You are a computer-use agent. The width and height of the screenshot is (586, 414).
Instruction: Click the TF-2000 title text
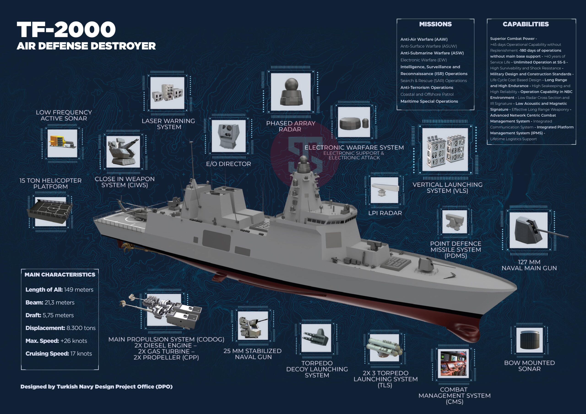[x=66, y=29]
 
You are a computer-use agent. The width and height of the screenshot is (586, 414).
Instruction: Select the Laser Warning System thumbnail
[x=167, y=93]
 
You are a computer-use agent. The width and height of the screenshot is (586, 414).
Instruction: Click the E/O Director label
[x=228, y=164]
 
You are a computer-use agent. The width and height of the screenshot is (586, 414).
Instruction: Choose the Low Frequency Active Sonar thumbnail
[x=62, y=143]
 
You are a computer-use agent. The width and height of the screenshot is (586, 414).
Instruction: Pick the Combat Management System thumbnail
[x=453, y=363]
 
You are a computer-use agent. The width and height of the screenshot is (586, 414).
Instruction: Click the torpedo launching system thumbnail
[x=384, y=347]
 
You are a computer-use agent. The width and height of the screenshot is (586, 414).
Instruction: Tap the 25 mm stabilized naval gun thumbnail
[x=253, y=326]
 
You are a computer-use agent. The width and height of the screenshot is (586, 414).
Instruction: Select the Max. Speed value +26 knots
[x=73, y=341]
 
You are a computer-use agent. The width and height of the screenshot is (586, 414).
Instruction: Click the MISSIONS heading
[x=435, y=24]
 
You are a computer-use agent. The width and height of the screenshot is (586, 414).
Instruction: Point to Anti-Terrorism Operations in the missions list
[x=427, y=88]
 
